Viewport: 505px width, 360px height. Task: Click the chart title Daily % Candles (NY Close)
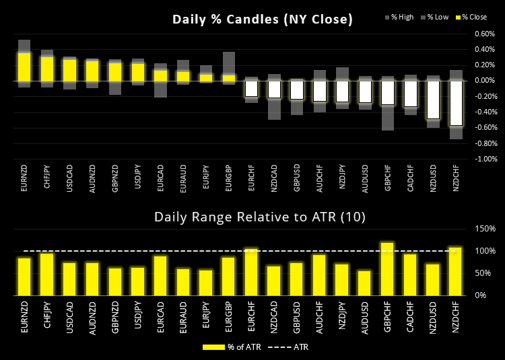point(263,19)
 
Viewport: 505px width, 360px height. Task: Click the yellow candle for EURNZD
point(24,67)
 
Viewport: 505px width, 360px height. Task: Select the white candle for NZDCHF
point(457,103)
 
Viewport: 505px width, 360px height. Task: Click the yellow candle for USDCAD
point(70,70)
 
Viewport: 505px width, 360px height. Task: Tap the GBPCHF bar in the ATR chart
point(388,268)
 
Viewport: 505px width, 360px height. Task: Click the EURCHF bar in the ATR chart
point(251,272)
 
